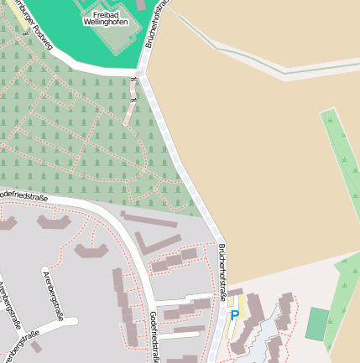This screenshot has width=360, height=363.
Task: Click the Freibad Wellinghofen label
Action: (x=106, y=18)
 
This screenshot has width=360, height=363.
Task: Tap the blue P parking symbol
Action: (x=235, y=316)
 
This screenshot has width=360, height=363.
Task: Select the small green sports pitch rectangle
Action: (x=317, y=324)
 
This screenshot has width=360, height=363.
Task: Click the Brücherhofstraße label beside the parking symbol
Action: (x=222, y=272)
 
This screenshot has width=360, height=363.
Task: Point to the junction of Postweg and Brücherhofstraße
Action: (x=143, y=74)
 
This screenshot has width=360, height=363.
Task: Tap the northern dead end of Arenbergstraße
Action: (x=44, y=272)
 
